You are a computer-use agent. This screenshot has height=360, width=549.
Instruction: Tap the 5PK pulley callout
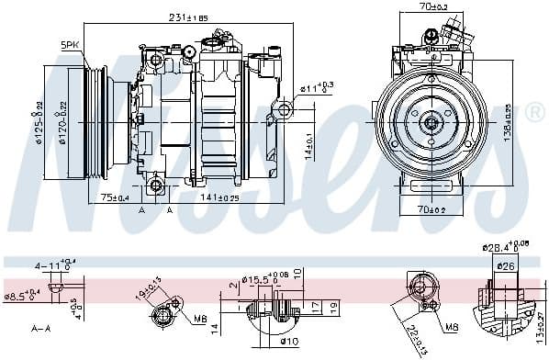tap(70, 44)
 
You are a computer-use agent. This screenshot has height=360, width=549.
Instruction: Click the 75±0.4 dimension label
tap(114, 197)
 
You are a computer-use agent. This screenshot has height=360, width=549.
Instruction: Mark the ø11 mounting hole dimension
tap(315, 88)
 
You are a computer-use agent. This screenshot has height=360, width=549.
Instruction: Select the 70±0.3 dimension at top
tap(432, 7)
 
